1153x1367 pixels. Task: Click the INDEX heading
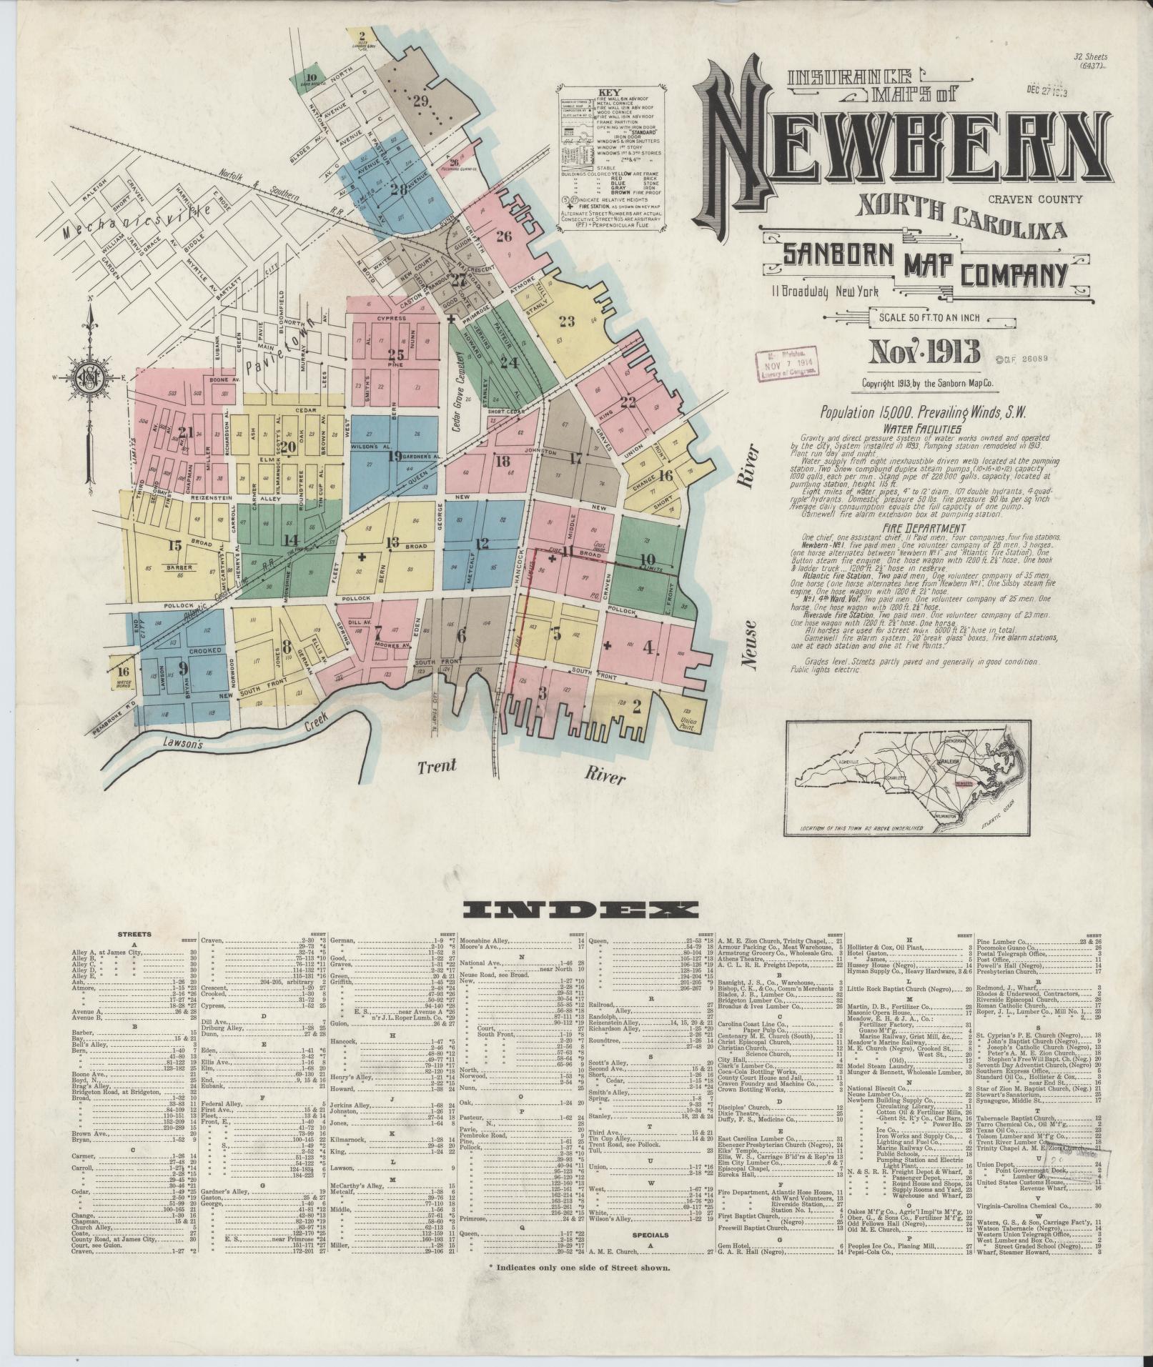tap(580, 909)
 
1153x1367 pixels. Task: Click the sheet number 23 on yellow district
tap(567, 321)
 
